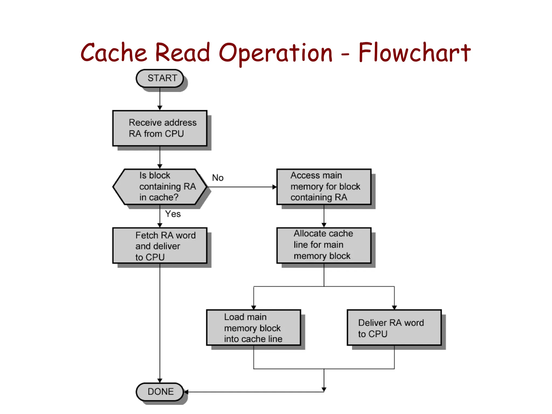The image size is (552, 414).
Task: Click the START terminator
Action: (160, 78)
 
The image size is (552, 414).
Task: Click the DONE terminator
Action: (160, 392)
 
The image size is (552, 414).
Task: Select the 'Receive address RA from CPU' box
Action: (160, 128)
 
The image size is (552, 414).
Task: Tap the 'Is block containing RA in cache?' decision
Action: (160, 187)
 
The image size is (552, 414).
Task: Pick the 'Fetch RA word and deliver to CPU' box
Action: (160, 246)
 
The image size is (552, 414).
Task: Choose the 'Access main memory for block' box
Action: (324, 187)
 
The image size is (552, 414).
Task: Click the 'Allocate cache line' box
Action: (324, 245)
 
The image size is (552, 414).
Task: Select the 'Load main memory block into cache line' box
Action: (253, 327)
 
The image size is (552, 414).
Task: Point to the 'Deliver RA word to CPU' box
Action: (394, 327)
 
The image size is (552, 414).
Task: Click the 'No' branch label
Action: (218, 178)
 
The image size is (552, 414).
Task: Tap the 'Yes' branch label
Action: (173, 214)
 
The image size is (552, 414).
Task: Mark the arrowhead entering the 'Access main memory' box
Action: (275, 187)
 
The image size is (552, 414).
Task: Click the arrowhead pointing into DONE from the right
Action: (186, 392)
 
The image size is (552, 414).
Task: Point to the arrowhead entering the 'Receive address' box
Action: (160, 108)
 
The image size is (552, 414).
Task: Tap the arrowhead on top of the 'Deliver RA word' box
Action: (394, 308)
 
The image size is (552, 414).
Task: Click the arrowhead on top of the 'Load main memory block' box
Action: (253, 308)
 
